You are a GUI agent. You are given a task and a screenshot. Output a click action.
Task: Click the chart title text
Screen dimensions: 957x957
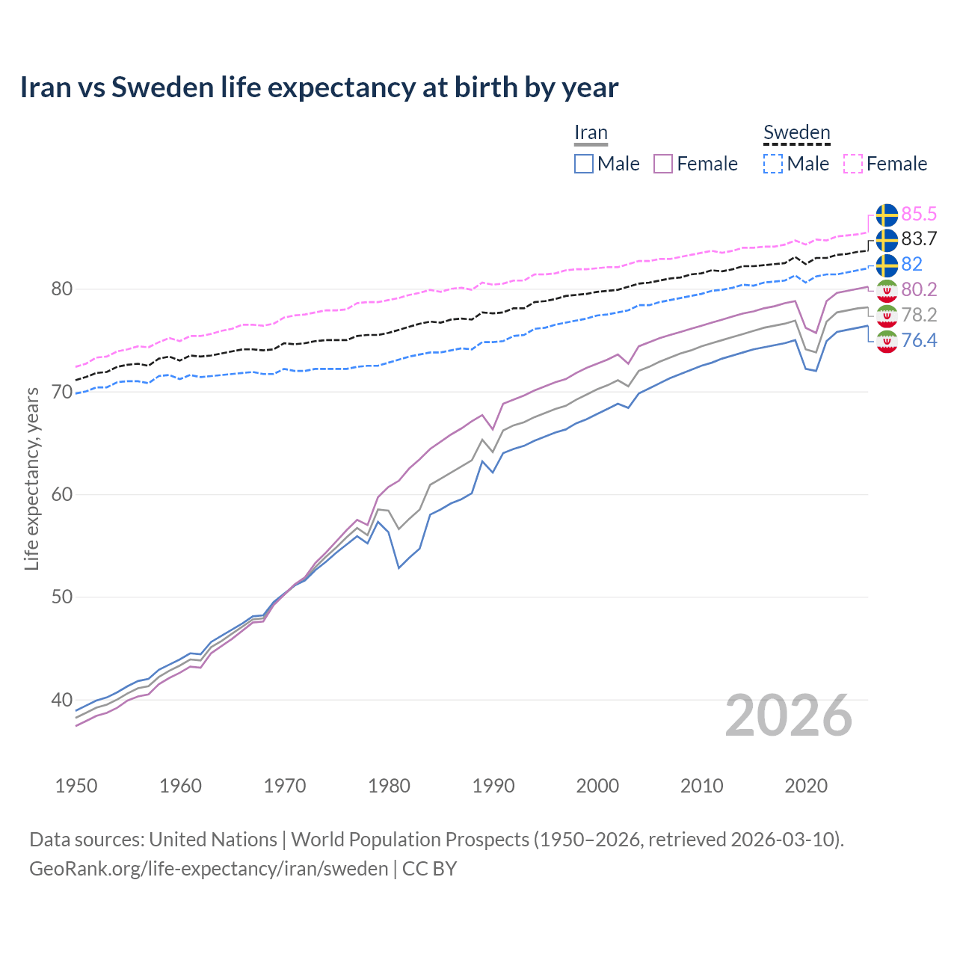pos(319,87)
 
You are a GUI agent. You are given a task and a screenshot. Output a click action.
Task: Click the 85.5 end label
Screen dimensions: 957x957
pos(918,214)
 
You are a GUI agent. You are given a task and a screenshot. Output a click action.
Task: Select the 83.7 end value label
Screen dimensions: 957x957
pos(918,239)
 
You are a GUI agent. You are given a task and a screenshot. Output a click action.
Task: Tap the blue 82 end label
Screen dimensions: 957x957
pos(911,264)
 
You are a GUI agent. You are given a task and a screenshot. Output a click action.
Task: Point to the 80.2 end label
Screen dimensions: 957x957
pos(918,289)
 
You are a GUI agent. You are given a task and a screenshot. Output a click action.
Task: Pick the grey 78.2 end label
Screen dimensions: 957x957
pos(918,315)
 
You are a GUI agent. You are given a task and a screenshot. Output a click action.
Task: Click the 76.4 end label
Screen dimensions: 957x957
pos(918,340)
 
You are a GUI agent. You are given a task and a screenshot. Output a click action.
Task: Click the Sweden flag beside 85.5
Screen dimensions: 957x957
pos(887,215)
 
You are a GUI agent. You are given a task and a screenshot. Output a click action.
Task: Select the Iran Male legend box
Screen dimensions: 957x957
pos(584,164)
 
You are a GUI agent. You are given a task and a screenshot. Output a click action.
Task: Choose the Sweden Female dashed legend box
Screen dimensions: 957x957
pos(852,164)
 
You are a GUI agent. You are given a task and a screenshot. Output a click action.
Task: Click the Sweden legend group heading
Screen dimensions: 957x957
pos(796,132)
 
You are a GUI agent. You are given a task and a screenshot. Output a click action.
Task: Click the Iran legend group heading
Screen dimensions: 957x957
pos(591,132)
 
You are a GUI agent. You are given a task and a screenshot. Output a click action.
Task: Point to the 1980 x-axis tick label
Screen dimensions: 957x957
pos(389,786)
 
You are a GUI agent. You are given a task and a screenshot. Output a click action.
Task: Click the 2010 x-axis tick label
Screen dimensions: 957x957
pos(701,786)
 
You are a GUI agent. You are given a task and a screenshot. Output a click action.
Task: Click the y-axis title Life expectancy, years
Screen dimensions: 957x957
pos(31,478)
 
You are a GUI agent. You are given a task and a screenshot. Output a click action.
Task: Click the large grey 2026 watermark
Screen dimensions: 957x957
pos(788,716)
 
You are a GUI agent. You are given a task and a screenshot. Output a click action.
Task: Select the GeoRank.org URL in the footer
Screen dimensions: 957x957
pos(209,869)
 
